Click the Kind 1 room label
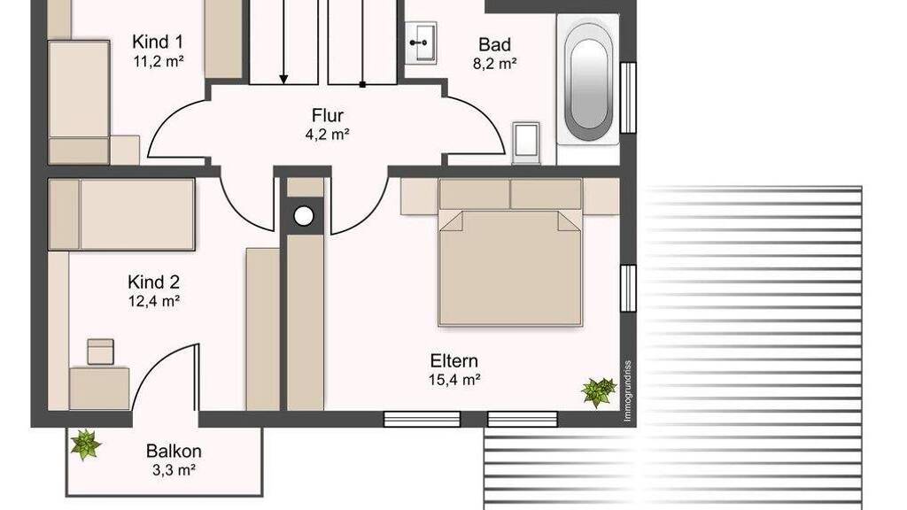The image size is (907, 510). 158,42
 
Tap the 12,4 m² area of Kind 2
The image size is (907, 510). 154,301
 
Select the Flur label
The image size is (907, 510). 328,115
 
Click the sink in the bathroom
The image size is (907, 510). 420,42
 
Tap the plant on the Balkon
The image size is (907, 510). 86,444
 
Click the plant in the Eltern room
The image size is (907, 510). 600,391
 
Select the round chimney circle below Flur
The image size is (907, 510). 304,216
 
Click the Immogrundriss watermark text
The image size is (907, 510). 628,390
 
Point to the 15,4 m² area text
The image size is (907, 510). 454,380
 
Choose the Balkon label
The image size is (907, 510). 174,451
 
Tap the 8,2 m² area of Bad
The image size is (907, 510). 494,64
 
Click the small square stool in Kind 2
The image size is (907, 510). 101,352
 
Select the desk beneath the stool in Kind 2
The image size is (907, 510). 99,389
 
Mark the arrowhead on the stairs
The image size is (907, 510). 283,78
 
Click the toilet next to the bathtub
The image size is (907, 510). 526,143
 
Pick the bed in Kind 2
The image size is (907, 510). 121,214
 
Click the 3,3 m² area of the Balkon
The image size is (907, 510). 174,469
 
